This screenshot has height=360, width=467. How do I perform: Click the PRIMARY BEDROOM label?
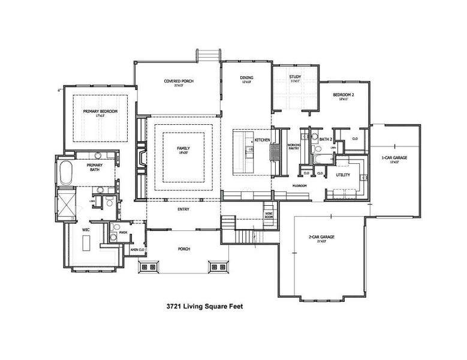click(x=101, y=112)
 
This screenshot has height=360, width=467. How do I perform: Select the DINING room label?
click(x=246, y=78)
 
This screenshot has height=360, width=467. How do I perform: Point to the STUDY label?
click(x=294, y=77)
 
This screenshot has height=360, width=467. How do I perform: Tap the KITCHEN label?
click(x=263, y=140)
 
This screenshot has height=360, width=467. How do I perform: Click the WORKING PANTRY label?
click(x=294, y=146)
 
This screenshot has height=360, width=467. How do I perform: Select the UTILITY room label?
click(x=343, y=175)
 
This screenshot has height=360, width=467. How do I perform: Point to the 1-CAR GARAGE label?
click(x=394, y=158)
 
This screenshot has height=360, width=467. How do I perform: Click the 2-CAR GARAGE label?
click(x=322, y=237)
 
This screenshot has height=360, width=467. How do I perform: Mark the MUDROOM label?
click(x=299, y=186)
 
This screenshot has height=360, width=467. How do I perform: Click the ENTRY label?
click(x=183, y=209)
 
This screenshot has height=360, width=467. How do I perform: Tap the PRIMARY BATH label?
click(x=95, y=167)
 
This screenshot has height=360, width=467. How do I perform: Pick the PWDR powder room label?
click(x=123, y=232)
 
